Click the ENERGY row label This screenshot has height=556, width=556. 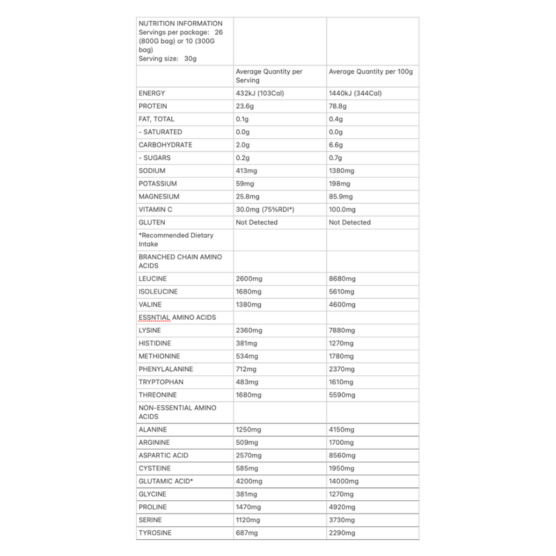coord(152,93)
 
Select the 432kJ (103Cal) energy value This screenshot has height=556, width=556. coord(265,93)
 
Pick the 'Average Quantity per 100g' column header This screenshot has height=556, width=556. coord(369,71)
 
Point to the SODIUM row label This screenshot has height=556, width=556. coord(152,171)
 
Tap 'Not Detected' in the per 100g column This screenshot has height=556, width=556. coord(350,222)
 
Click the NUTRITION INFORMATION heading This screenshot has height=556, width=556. coord(181,24)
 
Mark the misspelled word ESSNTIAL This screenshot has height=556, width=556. coord(157,318)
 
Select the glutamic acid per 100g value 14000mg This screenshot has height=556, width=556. coord(344,481)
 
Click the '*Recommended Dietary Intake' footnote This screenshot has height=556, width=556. coord(171,239)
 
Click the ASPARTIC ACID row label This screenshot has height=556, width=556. coord(164,455)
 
